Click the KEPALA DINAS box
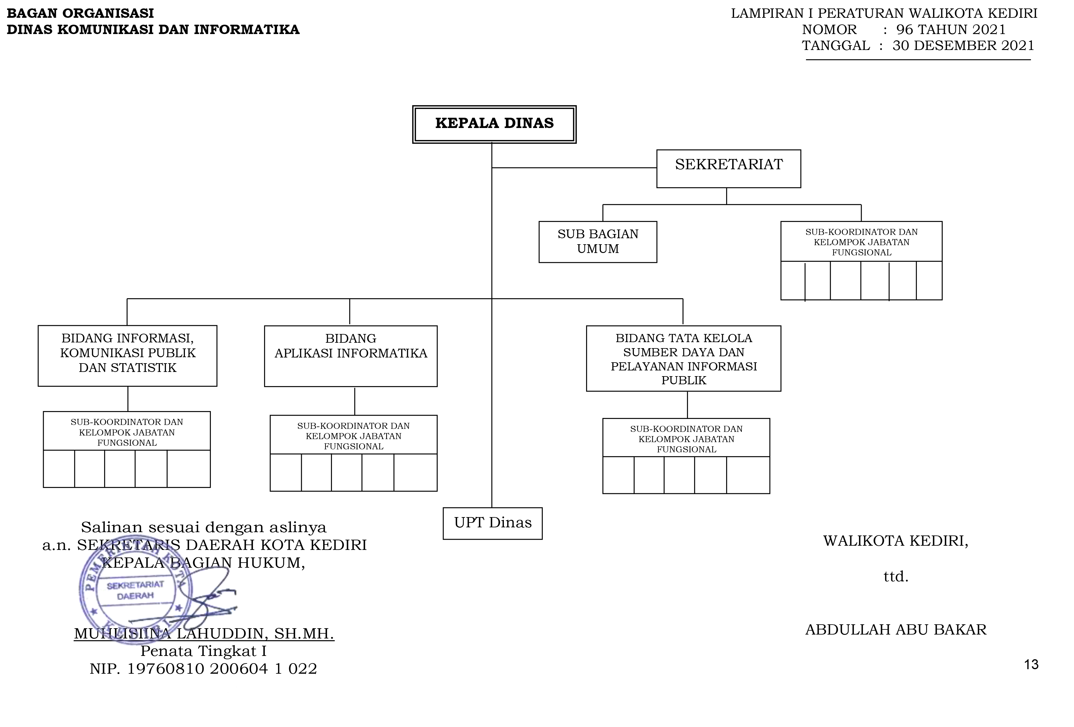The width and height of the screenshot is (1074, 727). (494, 124)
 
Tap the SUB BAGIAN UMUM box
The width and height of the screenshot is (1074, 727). (598, 242)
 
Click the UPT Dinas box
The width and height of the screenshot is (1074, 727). (493, 523)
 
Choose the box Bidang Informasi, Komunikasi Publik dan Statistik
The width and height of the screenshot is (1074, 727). (128, 355)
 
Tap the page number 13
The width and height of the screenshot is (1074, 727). (1031, 665)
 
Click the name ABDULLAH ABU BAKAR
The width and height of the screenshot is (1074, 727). (896, 629)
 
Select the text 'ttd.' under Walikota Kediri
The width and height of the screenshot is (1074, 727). (896, 577)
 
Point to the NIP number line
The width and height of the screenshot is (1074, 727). (203, 669)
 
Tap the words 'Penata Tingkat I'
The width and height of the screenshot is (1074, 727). (203, 651)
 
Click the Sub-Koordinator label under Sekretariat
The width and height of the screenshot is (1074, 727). (861, 242)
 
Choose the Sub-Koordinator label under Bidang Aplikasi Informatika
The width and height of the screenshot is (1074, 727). (354, 436)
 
